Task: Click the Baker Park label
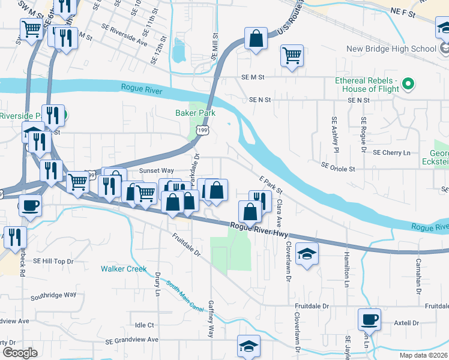tap(194, 112)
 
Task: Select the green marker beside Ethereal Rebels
tap(408, 84)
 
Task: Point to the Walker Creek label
tap(124, 269)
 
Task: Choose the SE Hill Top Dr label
tap(53, 261)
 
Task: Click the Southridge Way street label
tap(53, 295)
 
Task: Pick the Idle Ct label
tap(145, 325)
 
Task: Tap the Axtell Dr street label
tap(406, 323)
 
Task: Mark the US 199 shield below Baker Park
tap(203, 130)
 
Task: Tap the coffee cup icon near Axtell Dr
tap(369, 319)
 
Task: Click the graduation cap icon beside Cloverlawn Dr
tap(307, 254)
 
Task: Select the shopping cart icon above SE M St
tap(292, 56)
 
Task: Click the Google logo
tap(20, 353)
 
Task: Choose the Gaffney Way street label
tap(211, 319)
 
